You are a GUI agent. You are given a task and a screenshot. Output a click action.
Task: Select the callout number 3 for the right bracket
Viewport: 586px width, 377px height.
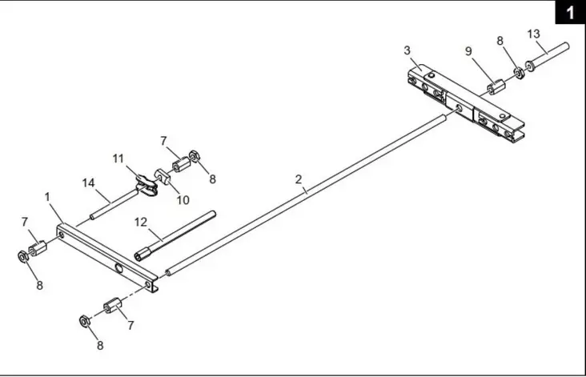pos(407,50)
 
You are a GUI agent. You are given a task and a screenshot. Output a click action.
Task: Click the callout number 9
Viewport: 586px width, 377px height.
pos(469,50)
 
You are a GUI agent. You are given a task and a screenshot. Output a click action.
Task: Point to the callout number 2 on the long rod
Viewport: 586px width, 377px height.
pos(299,179)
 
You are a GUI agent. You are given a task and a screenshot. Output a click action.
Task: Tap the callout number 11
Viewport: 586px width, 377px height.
pos(118,159)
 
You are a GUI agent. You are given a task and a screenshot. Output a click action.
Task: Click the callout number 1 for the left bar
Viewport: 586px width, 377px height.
pos(48,196)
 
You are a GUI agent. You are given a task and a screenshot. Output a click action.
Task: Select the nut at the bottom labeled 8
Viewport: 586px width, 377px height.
pos(84,322)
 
